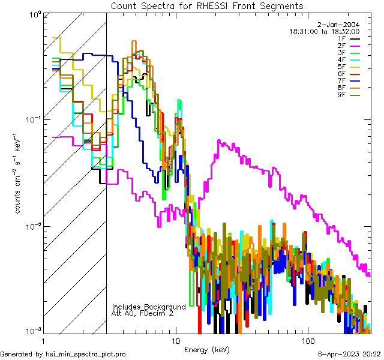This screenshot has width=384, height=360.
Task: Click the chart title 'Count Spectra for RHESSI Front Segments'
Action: [x=207, y=5]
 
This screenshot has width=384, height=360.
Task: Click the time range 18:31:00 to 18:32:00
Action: [x=325, y=31]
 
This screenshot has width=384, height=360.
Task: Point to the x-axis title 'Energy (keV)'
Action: [x=207, y=349]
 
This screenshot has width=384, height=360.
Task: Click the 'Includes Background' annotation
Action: [x=149, y=307]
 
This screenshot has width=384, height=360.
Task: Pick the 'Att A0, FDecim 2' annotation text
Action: [x=143, y=313]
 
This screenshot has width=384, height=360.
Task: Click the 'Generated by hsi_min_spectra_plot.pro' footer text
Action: [x=63, y=354]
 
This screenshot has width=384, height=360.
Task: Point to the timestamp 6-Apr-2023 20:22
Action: [x=347, y=354]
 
